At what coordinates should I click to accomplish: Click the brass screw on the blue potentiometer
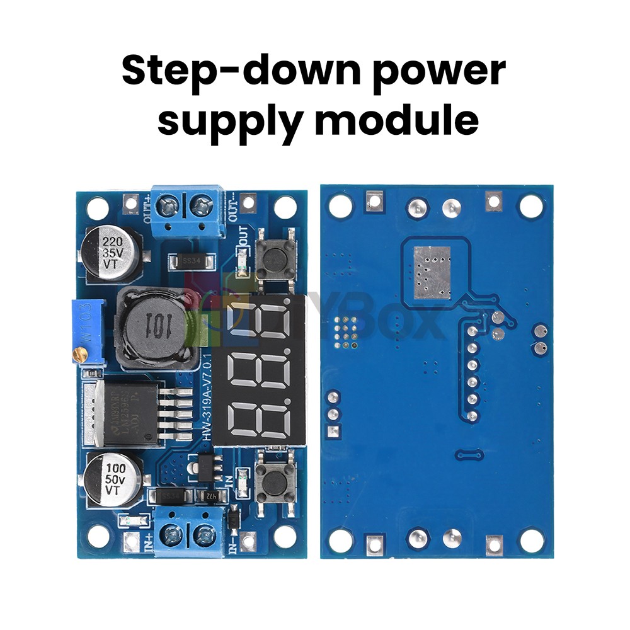coord(80,355)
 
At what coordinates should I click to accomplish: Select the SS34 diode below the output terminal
coord(187,260)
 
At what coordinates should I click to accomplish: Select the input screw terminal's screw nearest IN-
coord(205,537)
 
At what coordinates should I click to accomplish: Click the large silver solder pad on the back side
coord(432,272)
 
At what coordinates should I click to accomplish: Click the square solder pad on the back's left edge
coord(333,431)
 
